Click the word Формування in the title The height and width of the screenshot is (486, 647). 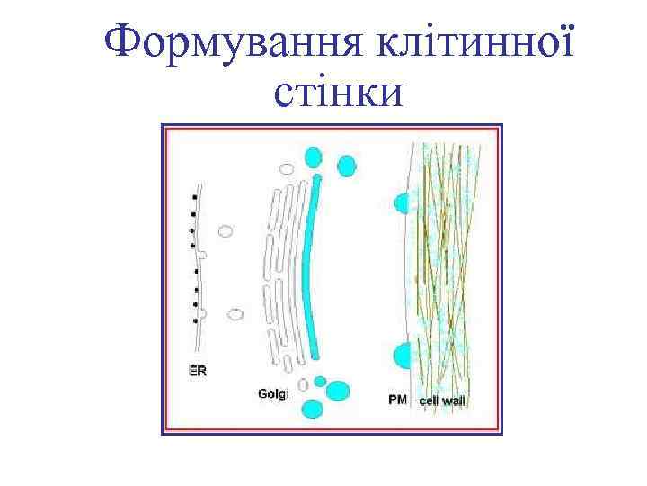pyautogui.click(x=216, y=41)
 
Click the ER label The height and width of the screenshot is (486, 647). pyautogui.click(x=197, y=371)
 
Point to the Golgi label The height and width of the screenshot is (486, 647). pyautogui.click(x=273, y=392)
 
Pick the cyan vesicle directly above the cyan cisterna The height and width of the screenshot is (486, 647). pyautogui.click(x=312, y=158)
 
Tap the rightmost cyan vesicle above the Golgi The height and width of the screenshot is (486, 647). pyautogui.click(x=346, y=166)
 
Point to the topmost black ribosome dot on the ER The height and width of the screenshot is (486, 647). pyautogui.click(x=194, y=197)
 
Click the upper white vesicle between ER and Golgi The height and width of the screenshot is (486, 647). pyautogui.click(x=226, y=231)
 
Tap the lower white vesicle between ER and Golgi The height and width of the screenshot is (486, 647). pyautogui.click(x=235, y=314)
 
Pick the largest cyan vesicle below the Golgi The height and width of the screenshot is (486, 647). pyautogui.click(x=338, y=390)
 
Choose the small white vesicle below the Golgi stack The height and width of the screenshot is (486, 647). pyautogui.click(x=304, y=385)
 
